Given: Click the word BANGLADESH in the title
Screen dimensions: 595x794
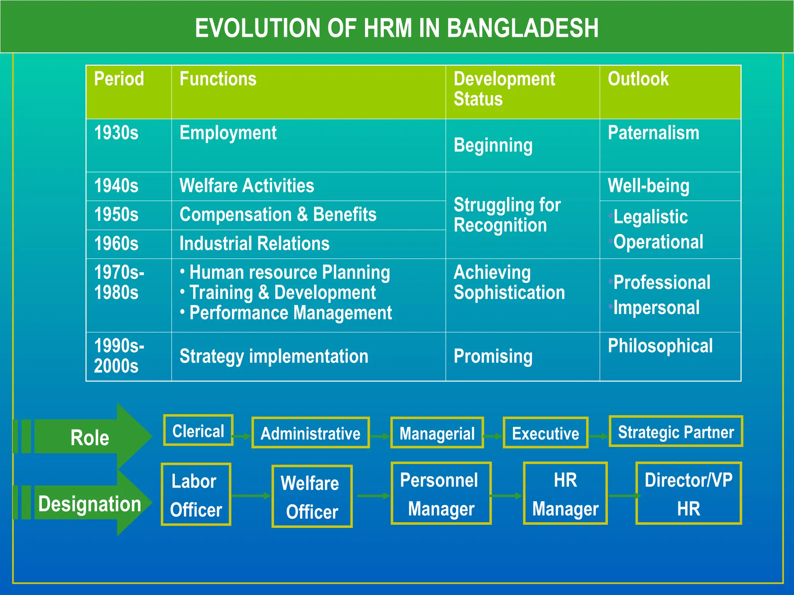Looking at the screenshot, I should [523, 28].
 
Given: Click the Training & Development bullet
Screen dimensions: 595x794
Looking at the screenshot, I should [282, 293].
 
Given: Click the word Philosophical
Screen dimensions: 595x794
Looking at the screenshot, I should [660, 346].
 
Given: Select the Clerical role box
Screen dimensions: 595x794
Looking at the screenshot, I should [198, 430].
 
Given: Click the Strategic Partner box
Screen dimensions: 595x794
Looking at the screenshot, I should [676, 432].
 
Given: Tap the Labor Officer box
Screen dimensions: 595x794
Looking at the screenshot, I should [196, 495].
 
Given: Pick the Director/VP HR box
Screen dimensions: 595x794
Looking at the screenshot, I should [689, 494].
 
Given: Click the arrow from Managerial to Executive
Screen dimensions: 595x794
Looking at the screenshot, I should [493, 436].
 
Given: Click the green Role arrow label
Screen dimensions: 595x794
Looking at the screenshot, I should [90, 438].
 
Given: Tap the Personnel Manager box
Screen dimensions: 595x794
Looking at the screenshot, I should [441, 494].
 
